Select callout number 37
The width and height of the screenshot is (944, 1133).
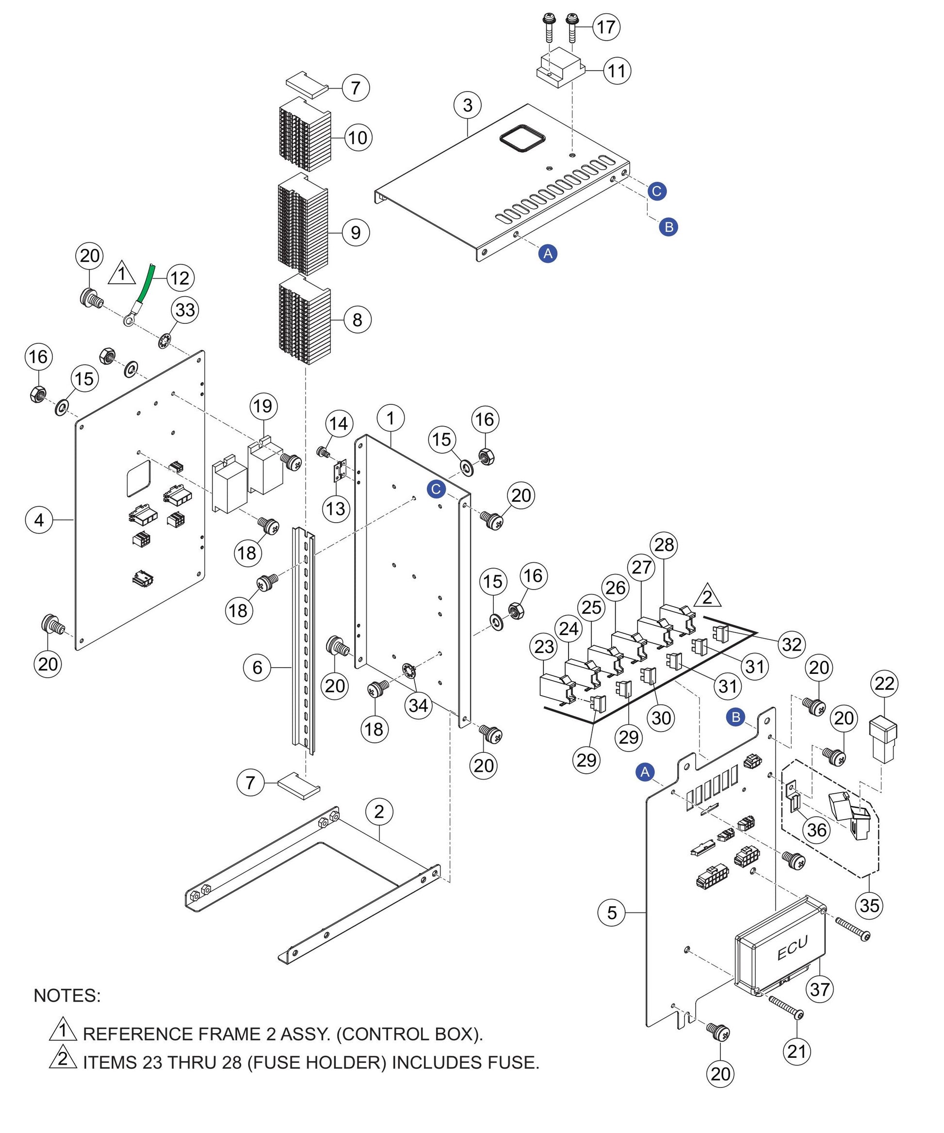coord(819,989)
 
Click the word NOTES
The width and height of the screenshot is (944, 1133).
coord(67,995)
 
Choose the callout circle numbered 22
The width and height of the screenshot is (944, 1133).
coord(884,684)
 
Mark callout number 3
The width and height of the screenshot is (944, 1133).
coord(468,105)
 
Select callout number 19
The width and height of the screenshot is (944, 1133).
coord(263,406)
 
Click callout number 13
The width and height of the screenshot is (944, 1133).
coord(336,508)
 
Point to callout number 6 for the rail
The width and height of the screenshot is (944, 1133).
coord(258,668)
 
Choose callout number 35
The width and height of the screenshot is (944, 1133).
coord(869,905)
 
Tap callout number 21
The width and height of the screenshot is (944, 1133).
coord(797,1051)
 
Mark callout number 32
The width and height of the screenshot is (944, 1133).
coord(792,644)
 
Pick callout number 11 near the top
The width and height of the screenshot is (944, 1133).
coord(617,71)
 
